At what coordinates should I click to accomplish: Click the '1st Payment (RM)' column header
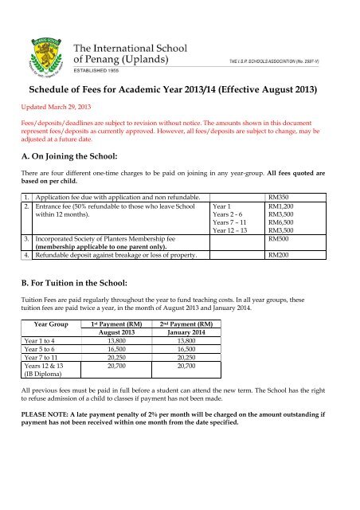click(x=119, y=347)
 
